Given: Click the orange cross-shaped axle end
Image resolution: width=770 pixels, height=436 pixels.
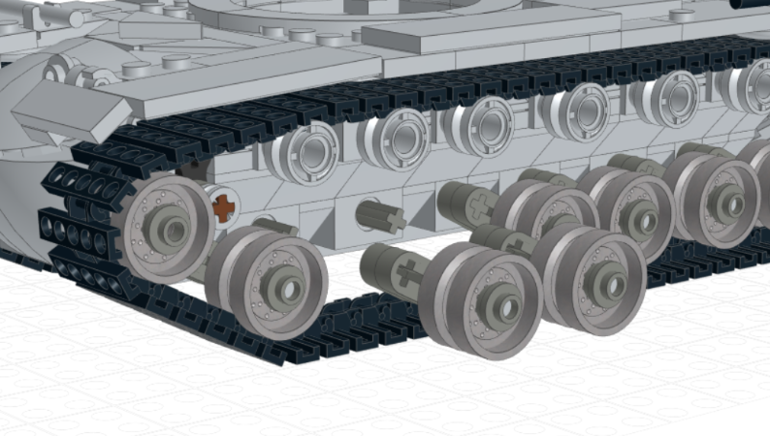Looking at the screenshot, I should [225, 206].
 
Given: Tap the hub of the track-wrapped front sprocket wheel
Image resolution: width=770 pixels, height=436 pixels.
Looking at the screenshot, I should [173, 231].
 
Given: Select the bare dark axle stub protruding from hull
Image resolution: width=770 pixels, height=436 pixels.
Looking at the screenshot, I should [381, 215].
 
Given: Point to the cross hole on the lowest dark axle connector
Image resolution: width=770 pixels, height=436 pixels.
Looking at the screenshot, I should [408, 274].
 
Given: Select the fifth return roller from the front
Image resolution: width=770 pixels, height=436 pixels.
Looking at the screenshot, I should [667, 98].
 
